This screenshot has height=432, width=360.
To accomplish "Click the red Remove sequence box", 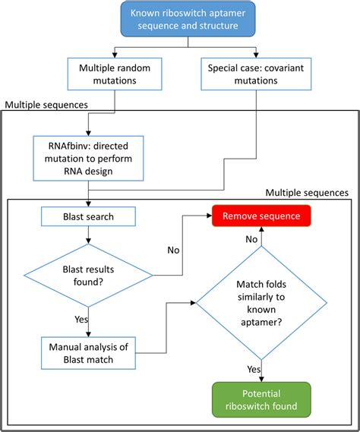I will click(261, 216).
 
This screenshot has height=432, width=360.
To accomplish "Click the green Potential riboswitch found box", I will click(261, 399).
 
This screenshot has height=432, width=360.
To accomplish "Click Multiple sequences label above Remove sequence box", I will click(306, 194).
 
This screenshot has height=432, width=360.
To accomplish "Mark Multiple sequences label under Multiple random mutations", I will click(46, 103).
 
